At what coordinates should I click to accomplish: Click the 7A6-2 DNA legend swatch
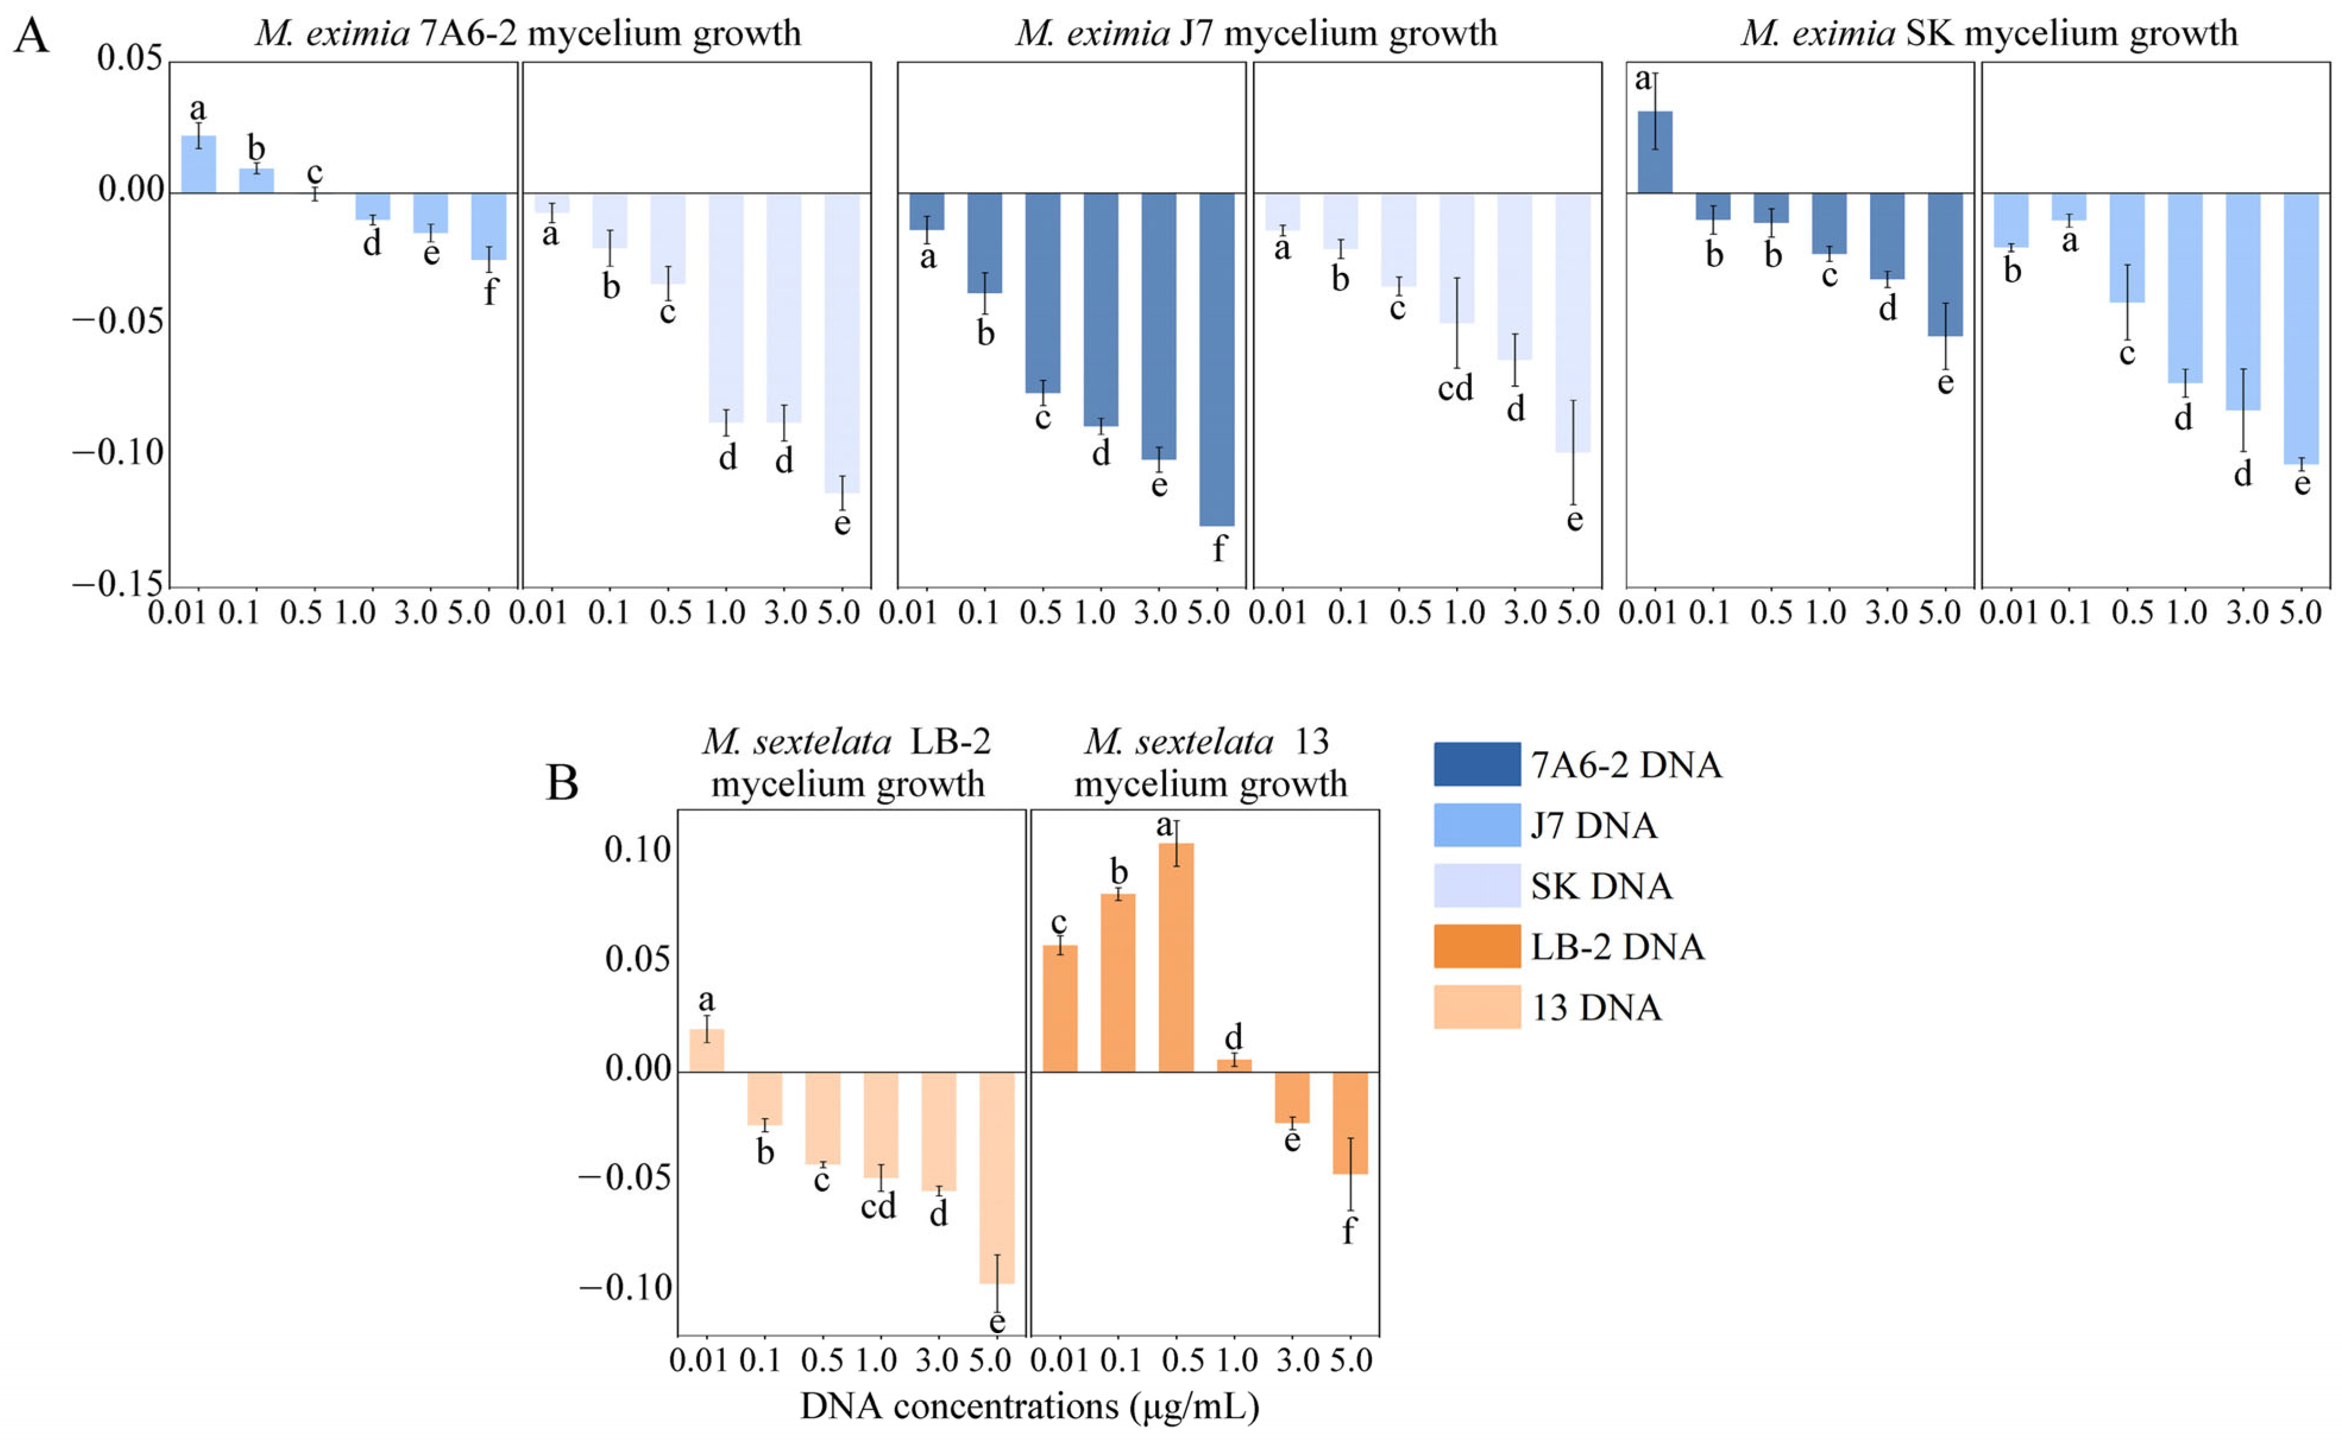(x=1476, y=764)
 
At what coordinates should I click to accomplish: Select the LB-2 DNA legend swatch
(x=1476, y=946)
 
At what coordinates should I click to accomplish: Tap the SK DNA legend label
(x=1601, y=886)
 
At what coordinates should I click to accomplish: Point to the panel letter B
(x=562, y=783)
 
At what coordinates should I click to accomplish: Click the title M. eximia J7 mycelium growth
(x=1256, y=33)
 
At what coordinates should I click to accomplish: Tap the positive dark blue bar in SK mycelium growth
(x=1655, y=153)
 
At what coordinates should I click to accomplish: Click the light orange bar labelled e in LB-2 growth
(x=996, y=1178)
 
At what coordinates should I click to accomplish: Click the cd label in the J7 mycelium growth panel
(x=1455, y=388)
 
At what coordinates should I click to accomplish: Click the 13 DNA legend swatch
(x=1476, y=1007)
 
